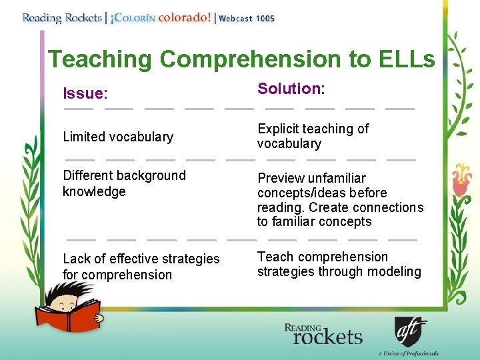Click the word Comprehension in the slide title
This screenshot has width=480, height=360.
pyautogui.click(x=249, y=59)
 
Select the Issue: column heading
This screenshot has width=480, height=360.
pyautogui.click(x=85, y=93)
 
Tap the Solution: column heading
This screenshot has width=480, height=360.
pyautogui.click(x=291, y=89)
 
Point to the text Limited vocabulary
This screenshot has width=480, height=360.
pyautogui.click(x=118, y=137)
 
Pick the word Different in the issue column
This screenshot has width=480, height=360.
pyautogui.click(x=88, y=175)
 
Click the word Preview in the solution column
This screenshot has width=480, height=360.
pyautogui.click(x=280, y=178)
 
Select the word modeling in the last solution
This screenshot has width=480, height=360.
pyautogui.click(x=397, y=271)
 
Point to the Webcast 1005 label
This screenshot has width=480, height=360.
pyautogui.click(x=247, y=19)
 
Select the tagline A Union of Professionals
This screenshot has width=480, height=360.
pyautogui.click(x=408, y=353)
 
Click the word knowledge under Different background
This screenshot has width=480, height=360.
pyautogui.click(x=94, y=191)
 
